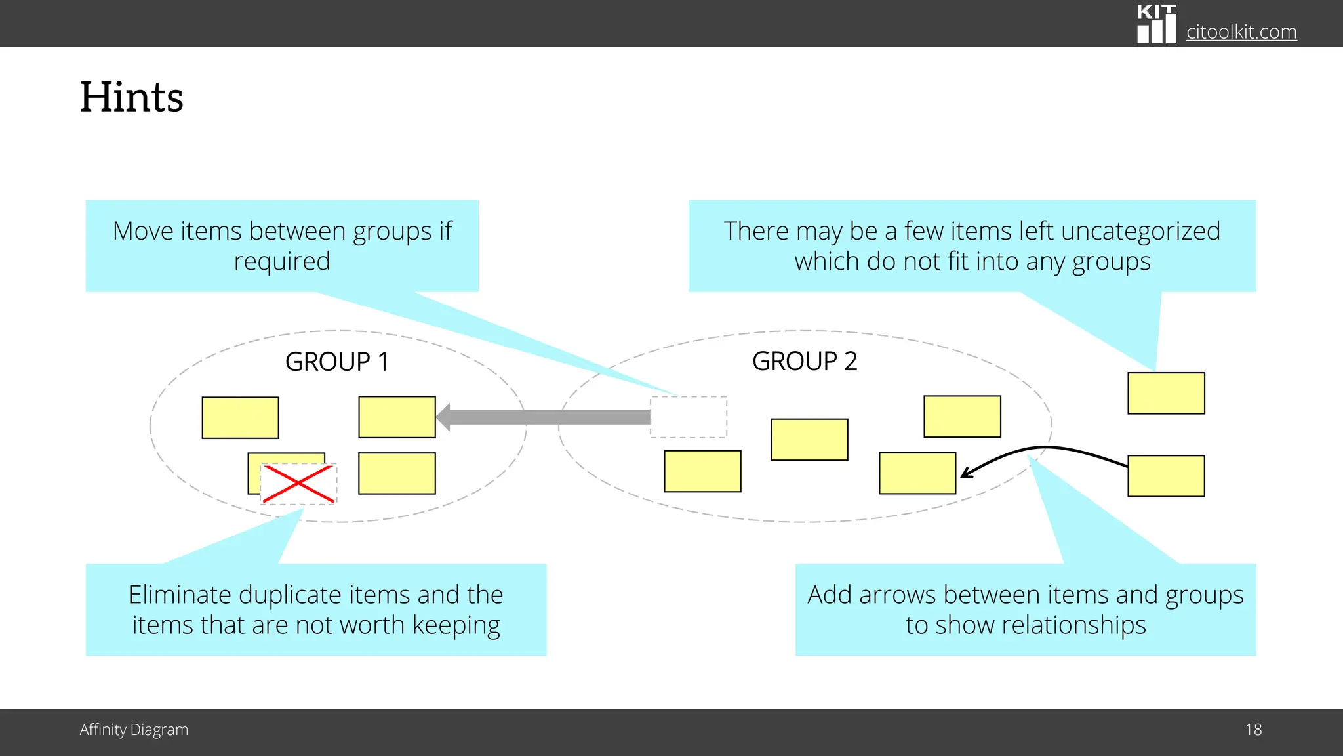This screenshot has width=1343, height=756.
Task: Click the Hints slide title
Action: pyautogui.click(x=132, y=97)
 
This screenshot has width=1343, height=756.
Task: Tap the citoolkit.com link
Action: pyautogui.click(x=1241, y=31)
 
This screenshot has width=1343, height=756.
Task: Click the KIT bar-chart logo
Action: pyautogui.click(x=1156, y=24)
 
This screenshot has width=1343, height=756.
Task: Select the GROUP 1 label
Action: pyautogui.click(x=337, y=362)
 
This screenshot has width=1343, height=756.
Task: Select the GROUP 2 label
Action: pyautogui.click(x=805, y=361)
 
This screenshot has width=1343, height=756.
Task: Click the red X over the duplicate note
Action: pyautogui.click(x=298, y=484)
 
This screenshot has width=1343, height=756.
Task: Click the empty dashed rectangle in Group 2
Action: pyautogui.click(x=689, y=417)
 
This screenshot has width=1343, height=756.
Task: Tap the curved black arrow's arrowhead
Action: pyautogui.click(x=966, y=472)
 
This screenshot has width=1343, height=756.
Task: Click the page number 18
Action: pyautogui.click(x=1253, y=730)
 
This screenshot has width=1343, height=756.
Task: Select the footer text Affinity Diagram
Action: pyautogui.click(x=134, y=730)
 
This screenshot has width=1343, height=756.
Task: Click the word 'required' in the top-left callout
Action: pyautogui.click(x=282, y=261)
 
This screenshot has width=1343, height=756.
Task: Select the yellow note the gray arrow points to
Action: pyautogui.click(x=397, y=417)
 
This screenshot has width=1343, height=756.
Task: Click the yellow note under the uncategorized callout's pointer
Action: pyautogui.click(x=1166, y=393)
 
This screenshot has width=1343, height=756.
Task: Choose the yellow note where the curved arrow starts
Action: pyautogui.click(x=1166, y=476)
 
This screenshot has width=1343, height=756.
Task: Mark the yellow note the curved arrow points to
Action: pyautogui.click(x=917, y=473)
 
